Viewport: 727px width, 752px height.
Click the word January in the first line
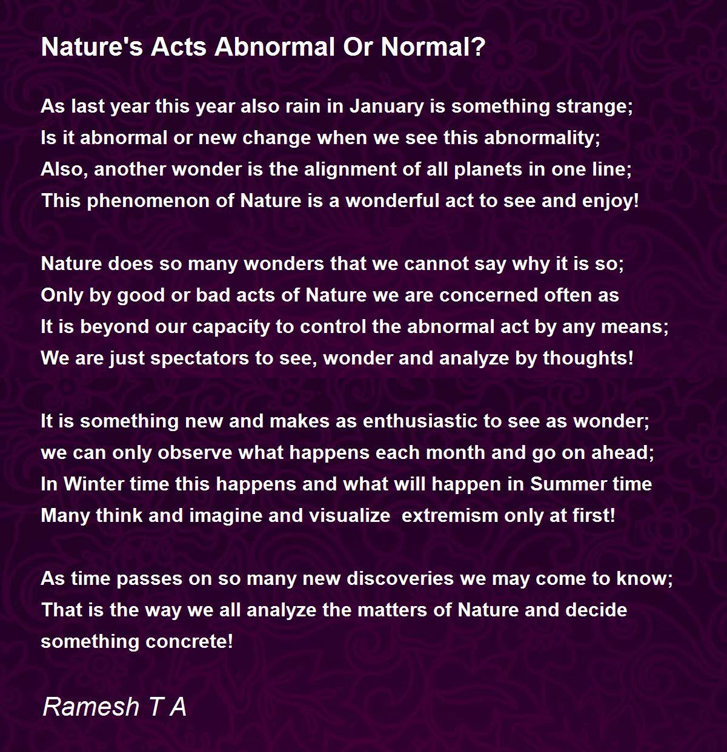coord(387,107)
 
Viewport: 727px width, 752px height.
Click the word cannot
coord(425,264)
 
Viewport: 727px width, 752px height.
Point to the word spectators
coord(199,358)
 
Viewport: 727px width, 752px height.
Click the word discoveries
coord(400,579)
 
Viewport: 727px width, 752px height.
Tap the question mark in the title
coord(478,47)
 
